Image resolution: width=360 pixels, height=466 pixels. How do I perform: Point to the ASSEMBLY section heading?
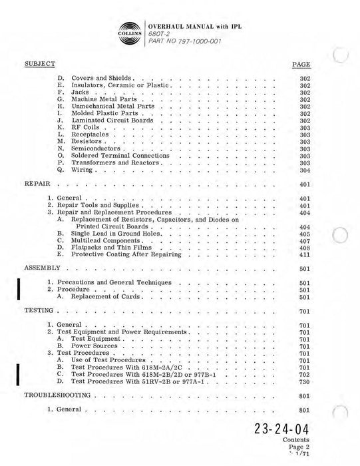click(42, 267)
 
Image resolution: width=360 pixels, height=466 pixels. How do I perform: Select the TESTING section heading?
click(39, 310)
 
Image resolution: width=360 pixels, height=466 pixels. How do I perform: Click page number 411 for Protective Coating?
click(305, 254)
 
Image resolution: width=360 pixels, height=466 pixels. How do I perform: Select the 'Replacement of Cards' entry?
click(100, 297)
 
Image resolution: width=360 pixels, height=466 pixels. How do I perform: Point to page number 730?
click(305, 381)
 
